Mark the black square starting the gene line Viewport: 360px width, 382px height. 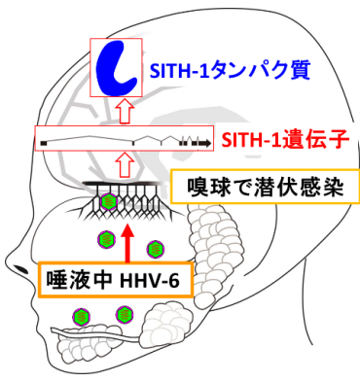pyautogui.click(x=43, y=143)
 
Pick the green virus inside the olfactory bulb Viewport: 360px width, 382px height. pyautogui.click(x=110, y=200)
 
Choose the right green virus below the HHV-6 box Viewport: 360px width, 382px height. pyautogui.click(x=124, y=314)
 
